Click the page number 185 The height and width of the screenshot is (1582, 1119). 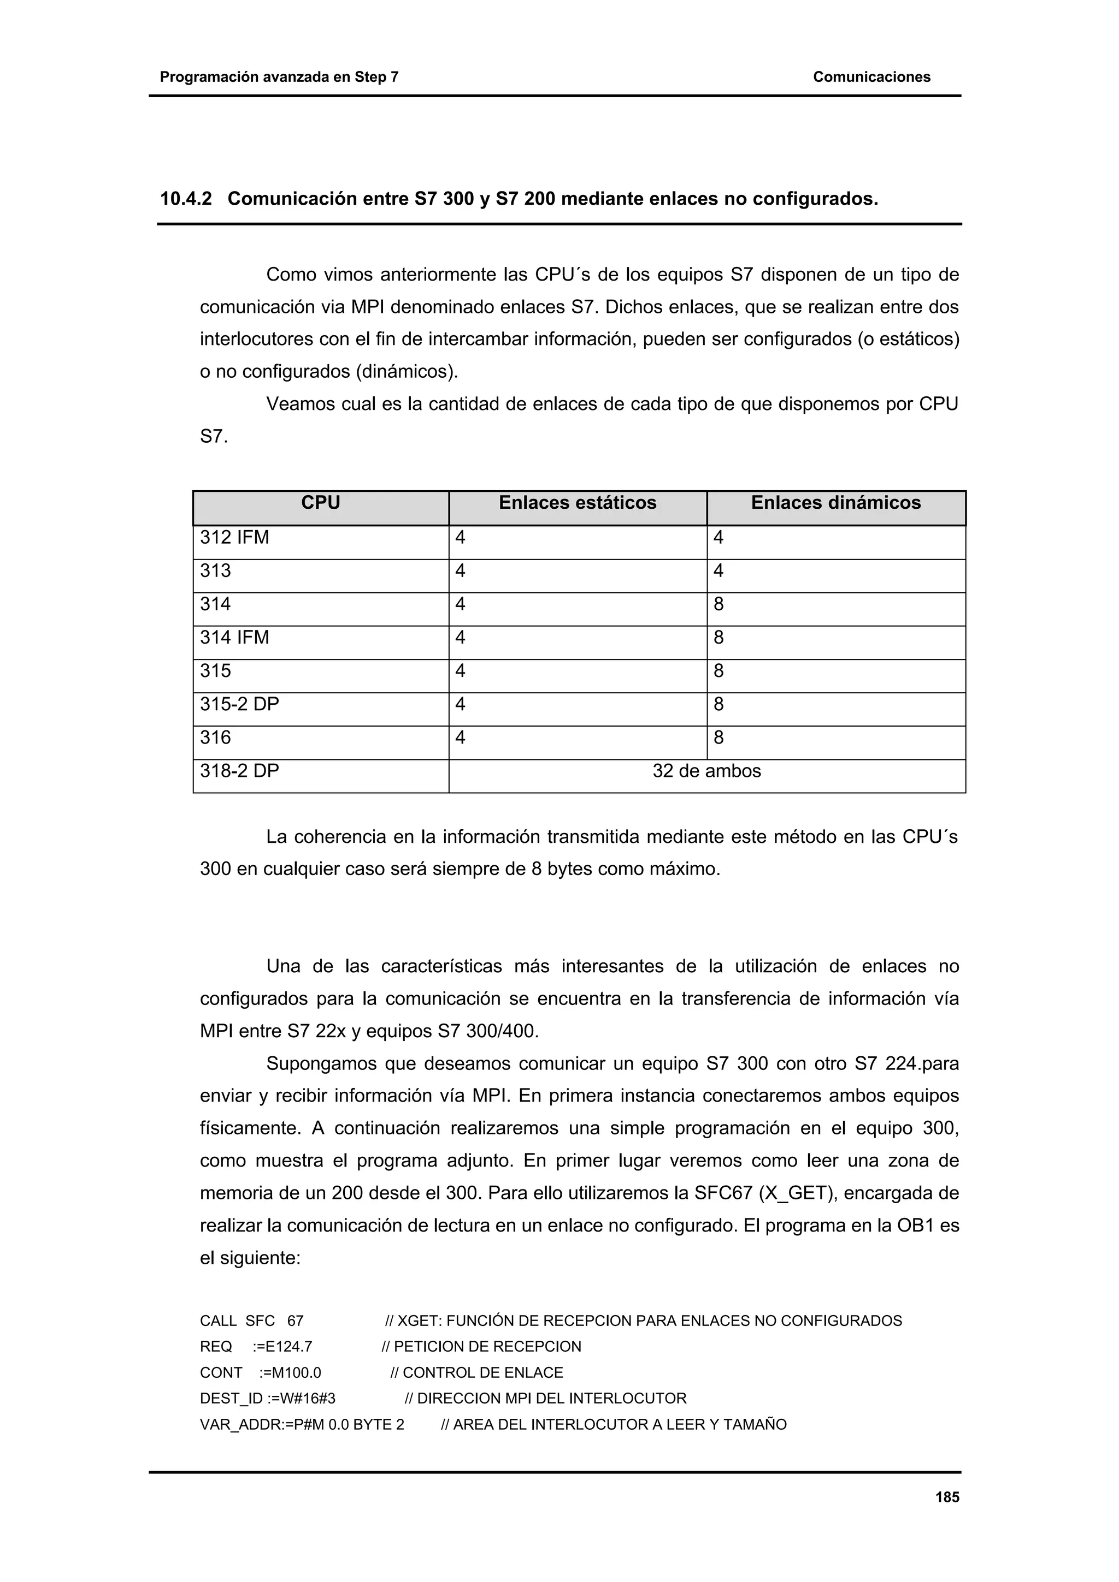(x=947, y=1497)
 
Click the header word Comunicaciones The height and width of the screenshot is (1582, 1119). (x=871, y=77)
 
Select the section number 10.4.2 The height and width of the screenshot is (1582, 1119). (x=185, y=199)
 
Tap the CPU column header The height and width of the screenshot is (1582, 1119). (x=321, y=503)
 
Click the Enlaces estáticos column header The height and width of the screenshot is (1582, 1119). (x=577, y=503)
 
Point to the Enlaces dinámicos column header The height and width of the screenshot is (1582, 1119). (x=835, y=503)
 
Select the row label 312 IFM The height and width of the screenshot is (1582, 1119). (x=234, y=538)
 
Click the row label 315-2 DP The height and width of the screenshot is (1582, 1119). (x=239, y=704)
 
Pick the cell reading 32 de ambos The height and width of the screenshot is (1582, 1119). (x=706, y=771)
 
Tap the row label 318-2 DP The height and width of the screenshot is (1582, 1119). (x=239, y=771)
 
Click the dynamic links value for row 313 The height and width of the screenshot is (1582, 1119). (x=718, y=570)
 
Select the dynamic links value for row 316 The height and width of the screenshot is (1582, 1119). (x=718, y=738)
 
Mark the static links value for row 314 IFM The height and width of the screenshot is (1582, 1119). (x=460, y=638)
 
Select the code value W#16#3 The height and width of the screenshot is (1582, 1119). (x=308, y=1399)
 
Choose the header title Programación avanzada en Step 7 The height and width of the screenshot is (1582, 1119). (x=279, y=77)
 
